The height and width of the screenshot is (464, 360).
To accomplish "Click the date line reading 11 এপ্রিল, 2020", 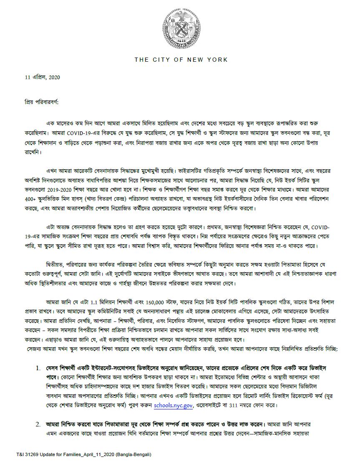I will (x=43, y=78).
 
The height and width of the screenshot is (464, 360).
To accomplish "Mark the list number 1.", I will (x=38, y=368).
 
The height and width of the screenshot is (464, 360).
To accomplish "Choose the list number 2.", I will (x=38, y=424).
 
